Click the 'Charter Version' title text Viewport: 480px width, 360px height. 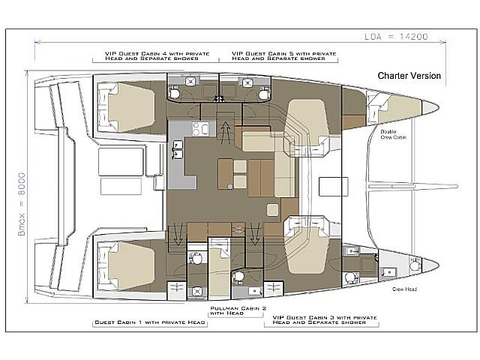tap(409, 76)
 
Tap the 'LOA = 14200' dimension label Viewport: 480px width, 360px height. tap(396, 37)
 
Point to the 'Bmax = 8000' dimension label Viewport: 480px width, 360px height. tap(22, 204)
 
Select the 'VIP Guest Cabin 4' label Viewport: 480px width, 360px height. tap(157, 55)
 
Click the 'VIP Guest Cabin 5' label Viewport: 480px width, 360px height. tap(284, 55)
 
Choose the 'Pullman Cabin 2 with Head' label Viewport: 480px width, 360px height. tap(238, 310)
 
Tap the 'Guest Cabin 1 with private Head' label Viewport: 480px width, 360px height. tap(150, 322)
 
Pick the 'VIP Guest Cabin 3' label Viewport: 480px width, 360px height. tap(325, 320)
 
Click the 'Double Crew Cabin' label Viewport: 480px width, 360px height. tap(393, 134)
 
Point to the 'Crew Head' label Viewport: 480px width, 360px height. tap(404, 289)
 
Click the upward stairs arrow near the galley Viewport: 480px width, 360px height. tap(226, 132)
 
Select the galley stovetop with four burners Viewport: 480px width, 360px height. tap(199, 128)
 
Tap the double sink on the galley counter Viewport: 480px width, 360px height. tap(178, 150)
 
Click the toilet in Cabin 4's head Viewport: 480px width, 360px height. tap(174, 92)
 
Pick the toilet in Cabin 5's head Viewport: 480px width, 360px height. tap(264, 93)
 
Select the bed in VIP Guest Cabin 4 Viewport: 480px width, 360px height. tap(132, 107)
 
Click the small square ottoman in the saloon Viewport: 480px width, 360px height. tap(272, 210)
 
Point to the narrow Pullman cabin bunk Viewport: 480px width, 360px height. tap(219, 268)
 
